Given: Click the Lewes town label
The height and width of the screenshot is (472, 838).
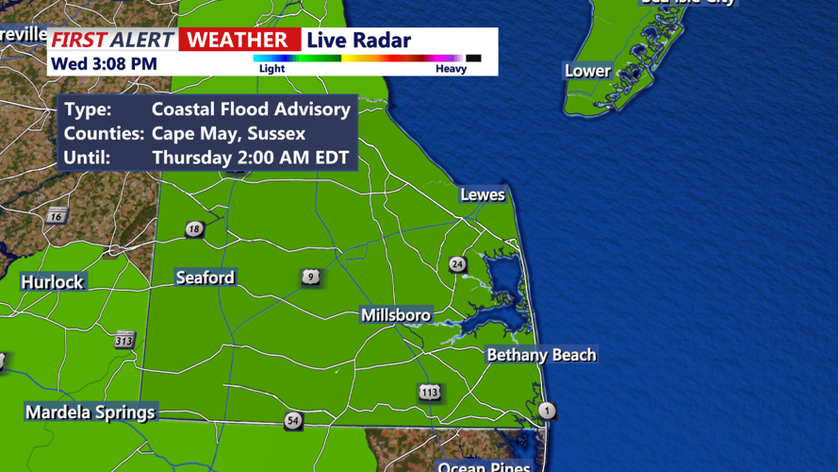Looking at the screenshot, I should (483, 195).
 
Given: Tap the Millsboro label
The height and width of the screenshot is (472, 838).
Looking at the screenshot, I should (396, 315).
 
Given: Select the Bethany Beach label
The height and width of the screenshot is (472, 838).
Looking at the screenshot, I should (541, 355).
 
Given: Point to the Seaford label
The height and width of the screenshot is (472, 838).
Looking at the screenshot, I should (205, 278).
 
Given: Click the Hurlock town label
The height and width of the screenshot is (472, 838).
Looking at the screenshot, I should (53, 281).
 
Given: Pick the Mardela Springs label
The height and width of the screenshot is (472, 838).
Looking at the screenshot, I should (90, 413).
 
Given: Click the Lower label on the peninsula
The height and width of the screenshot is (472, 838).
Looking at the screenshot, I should (587, 71).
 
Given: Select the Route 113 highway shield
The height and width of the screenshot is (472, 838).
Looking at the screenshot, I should (430, 392).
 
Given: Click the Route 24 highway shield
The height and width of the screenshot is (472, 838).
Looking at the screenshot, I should (457, 264).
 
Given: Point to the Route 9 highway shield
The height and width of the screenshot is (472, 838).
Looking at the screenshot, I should (311, 278).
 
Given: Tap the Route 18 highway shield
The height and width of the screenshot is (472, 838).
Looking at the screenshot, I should (194, 229).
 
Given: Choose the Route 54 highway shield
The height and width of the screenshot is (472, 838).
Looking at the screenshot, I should (293, 421).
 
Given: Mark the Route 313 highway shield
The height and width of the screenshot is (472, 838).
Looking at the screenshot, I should (124, 340).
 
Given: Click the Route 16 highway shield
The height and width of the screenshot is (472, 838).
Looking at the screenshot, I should (57, 216).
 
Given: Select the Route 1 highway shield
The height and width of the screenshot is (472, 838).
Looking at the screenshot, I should (547, 411).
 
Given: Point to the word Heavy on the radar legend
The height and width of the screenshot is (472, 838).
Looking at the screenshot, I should (451, 69).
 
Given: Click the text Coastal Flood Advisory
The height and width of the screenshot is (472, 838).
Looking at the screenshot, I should (251, 109).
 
